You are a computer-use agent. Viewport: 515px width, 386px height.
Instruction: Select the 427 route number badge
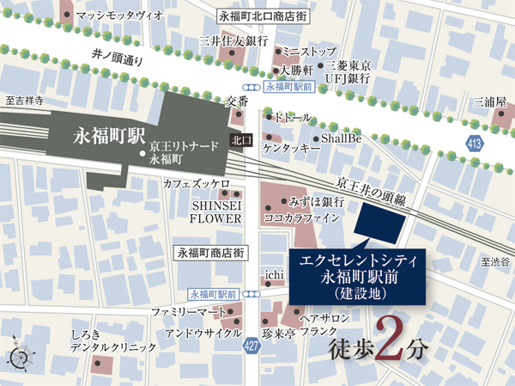point(251,346)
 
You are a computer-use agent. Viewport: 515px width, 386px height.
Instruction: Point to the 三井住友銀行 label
point(233,40)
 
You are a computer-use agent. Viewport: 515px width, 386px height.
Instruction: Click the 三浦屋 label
point(488,101)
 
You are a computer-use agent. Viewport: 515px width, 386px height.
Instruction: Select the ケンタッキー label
point(292,149)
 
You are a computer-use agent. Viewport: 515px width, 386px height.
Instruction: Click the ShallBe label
point(342,138)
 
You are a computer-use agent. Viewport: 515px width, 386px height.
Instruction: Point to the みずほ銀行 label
point(317,201)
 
